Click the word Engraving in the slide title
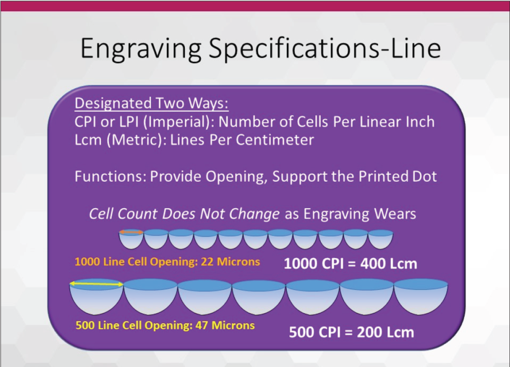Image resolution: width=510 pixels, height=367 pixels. (140, 48)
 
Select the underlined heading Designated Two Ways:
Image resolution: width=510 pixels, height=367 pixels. (151, 103)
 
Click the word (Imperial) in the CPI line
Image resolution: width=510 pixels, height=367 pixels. (179, 122)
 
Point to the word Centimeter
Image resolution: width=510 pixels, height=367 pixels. (275, 140)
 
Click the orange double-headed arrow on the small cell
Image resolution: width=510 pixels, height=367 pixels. (131, 232)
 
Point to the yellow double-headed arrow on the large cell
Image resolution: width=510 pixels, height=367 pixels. (97, 284)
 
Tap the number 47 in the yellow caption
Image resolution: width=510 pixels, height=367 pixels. (202, 325)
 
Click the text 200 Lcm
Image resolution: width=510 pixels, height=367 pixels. (385, 332)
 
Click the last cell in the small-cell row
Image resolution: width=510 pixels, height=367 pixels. (381, 239)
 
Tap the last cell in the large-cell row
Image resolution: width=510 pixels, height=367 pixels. (421, 296)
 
